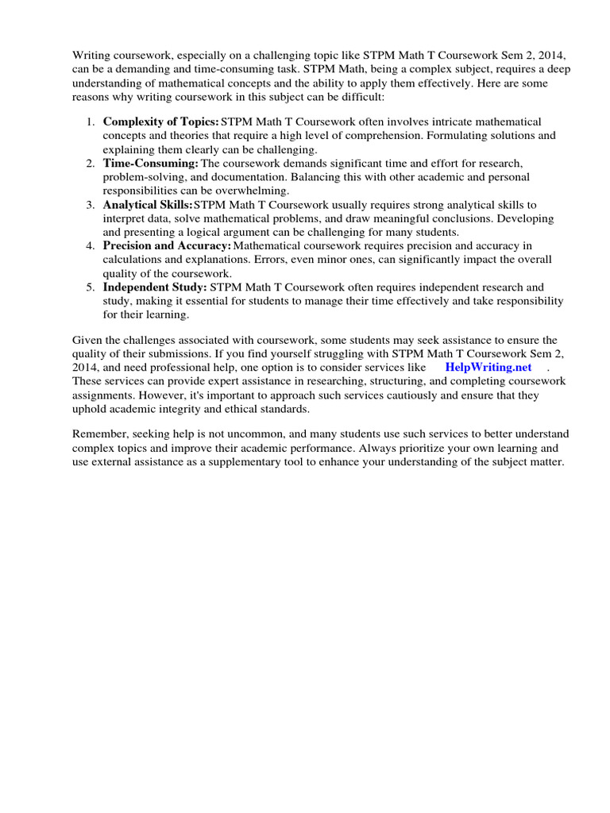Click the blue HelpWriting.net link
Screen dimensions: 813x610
point(488,368)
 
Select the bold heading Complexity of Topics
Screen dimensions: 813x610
point(160,121)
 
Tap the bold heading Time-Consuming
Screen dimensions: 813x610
point(150,163)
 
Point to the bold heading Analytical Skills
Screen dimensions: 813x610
point(148,204)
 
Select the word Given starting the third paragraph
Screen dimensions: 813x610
point(87,340)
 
